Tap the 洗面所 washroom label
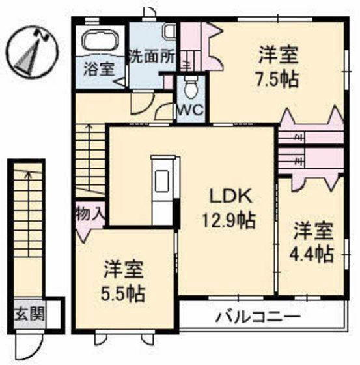(152, 55)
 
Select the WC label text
(191, 110)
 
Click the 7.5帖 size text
(277, 80)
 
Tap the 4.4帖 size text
(313, 252)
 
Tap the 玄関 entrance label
(29, 315)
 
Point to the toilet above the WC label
(190, 85)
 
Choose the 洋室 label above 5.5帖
(124, 268)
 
